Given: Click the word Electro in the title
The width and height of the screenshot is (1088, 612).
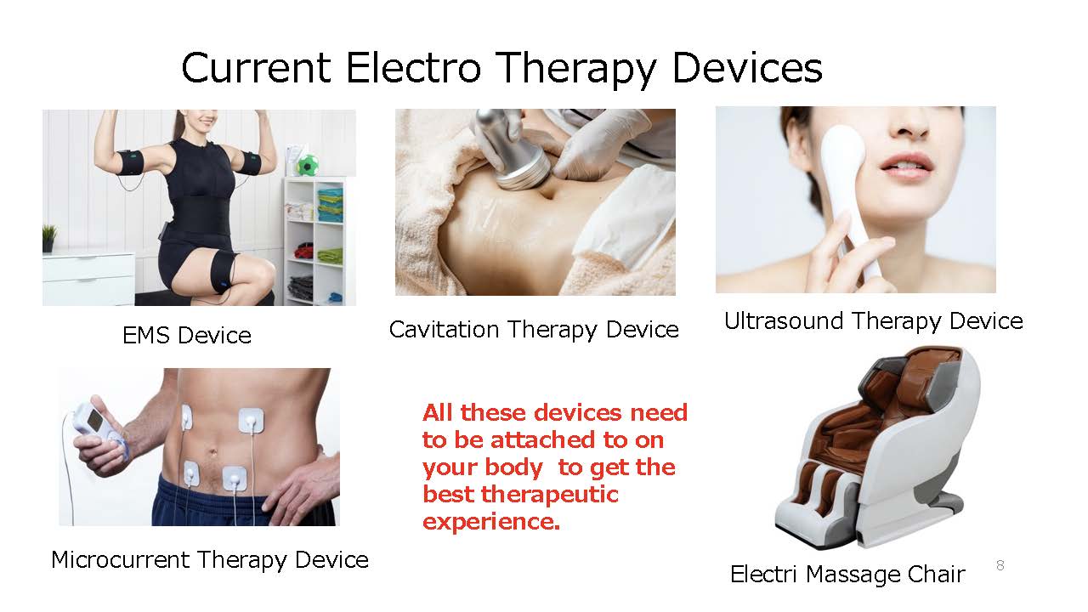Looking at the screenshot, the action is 413,67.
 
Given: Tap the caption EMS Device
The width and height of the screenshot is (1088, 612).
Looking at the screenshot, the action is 187,336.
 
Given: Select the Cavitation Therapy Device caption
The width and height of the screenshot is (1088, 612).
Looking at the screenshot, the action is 534,331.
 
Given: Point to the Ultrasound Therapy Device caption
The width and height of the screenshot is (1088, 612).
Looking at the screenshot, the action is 873,321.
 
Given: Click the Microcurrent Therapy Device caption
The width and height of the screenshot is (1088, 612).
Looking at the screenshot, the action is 210,560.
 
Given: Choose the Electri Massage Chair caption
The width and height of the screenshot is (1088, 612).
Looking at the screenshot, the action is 847,575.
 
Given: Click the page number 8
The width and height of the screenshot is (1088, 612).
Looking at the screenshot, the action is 1000,565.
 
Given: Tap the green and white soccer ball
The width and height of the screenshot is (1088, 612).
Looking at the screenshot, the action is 308,165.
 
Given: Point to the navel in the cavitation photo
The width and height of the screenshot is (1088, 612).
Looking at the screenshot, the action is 548,195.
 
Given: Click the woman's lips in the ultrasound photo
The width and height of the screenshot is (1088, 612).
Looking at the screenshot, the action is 906,166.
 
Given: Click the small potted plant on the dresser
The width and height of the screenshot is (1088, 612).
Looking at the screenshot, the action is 48,238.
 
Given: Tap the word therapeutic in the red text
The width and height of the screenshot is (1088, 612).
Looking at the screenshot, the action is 549,495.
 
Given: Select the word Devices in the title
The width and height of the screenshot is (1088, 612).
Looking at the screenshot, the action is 746,67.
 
